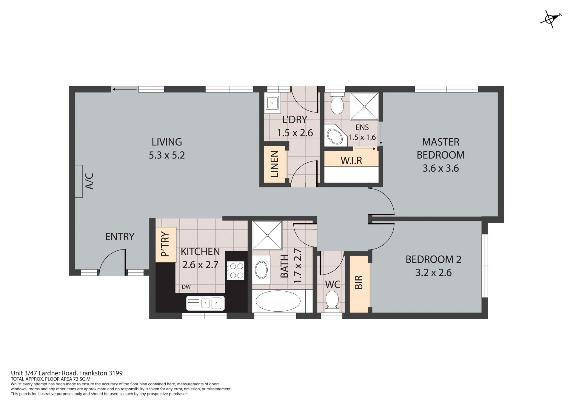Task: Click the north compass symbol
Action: (x=550, y=19)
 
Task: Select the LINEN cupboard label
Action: (x=274, y=164)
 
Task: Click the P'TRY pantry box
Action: (x=166, y=245)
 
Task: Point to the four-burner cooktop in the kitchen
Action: (x=236, y=270)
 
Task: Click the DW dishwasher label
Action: (x=186, y=287)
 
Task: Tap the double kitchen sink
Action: (x=205, y=303)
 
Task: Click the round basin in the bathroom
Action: (x=261, y=270)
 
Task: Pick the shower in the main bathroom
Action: (x=267, y=235)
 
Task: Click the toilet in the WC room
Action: (x=332, y=301)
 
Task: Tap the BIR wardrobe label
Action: (x=359, y=282)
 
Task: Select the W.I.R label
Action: (x=351, y=161)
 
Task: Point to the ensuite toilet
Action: (x=337, y=103)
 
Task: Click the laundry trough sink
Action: (x=272, y=103)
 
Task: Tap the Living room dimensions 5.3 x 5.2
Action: (x=167, y=155)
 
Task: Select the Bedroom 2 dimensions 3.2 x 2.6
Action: (x=434, y=272)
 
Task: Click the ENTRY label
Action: (x=120, y=237)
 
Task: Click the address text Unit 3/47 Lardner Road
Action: (x=44, y=373)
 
